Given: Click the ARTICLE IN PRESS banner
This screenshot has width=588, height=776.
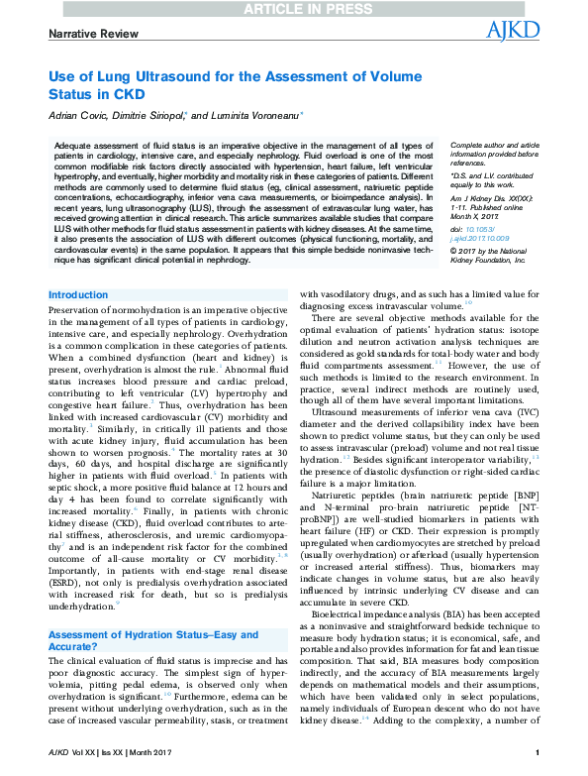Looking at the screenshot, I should click(293, 9).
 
